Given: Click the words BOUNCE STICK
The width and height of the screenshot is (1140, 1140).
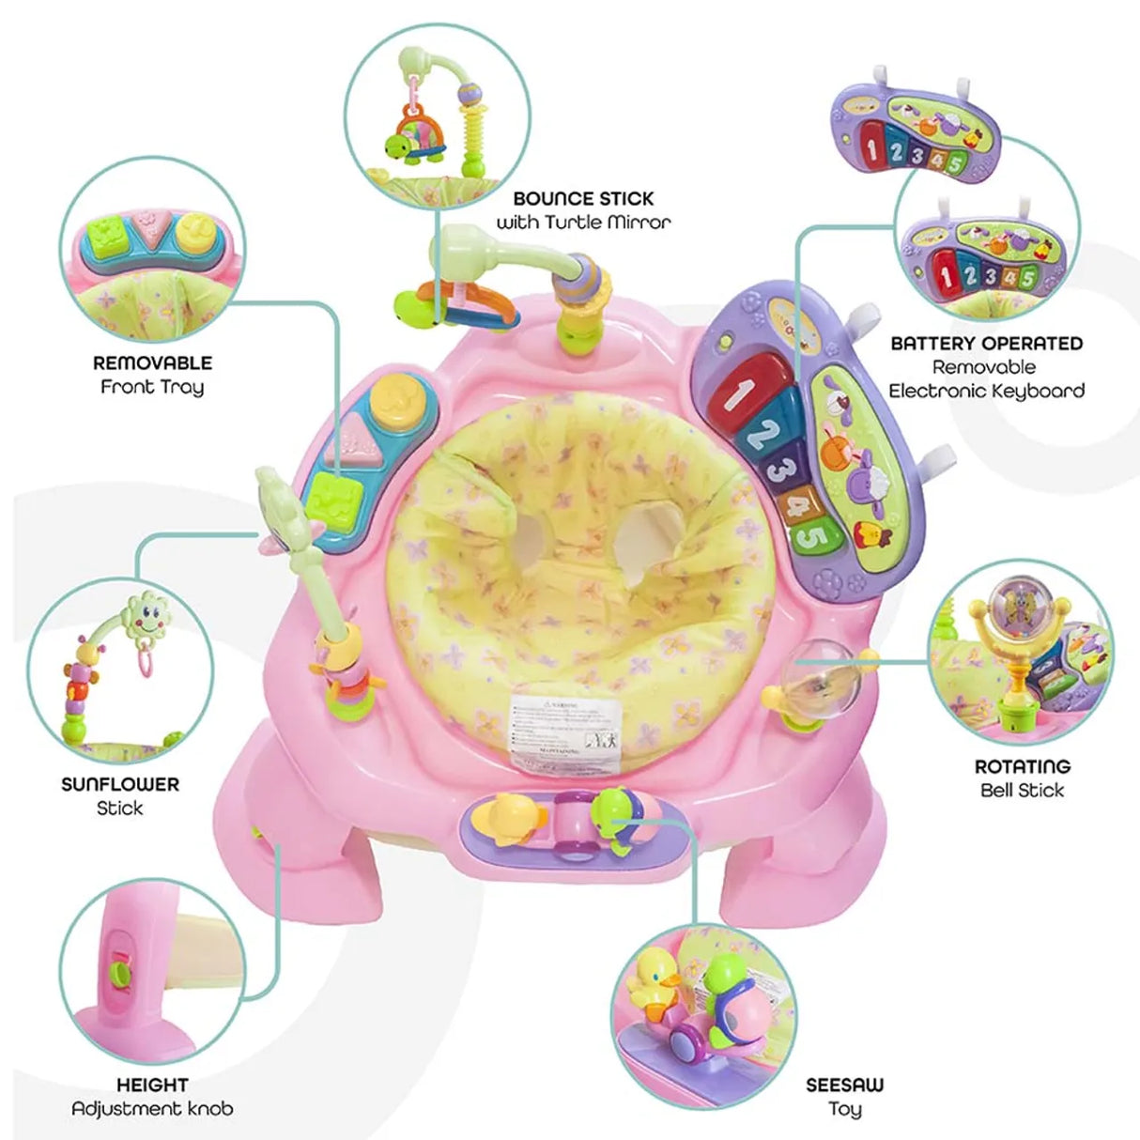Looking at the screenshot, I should (582, 199).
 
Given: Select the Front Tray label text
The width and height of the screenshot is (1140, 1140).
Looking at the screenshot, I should (152, 387).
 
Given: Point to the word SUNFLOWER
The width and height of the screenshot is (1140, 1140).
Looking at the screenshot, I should (120, 784).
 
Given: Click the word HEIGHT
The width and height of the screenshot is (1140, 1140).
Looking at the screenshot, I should (152, 1086).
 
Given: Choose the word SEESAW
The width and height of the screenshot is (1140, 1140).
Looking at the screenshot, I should (844, 1086).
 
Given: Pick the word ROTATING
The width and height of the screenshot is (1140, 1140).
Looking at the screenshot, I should (1022, 766).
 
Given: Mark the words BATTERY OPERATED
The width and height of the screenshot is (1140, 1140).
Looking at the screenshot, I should (986, 344).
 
